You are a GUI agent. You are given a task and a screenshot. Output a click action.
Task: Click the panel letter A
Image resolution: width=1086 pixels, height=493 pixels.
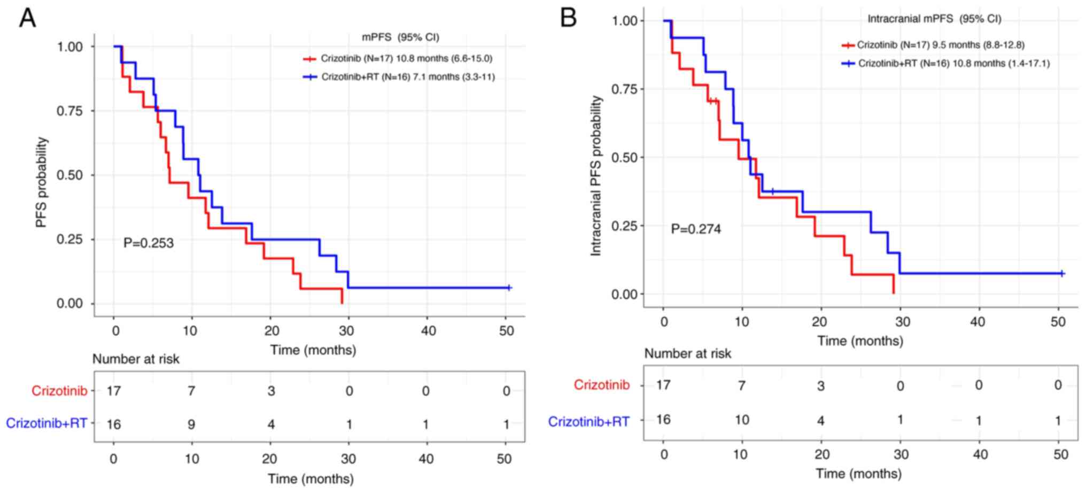coord(28,19)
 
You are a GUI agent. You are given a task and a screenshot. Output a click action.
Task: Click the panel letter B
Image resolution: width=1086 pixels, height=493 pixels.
coord(568,19)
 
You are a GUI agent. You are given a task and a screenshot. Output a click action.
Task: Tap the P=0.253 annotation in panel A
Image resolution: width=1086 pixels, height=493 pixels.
coord(149,243)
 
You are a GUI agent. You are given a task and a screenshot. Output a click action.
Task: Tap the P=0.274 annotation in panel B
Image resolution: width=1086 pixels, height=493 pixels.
coord(696,229)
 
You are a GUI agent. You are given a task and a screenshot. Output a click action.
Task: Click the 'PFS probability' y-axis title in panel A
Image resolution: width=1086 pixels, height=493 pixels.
coord(42,182)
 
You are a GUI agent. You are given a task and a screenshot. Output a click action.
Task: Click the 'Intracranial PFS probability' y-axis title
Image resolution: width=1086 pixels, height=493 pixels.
coord(596,175)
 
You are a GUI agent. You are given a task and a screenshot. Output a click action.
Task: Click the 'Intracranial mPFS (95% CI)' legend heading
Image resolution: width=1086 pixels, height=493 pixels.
coord(934,19)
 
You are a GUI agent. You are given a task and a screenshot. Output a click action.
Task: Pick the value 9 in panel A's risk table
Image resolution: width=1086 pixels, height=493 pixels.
coord(191,424)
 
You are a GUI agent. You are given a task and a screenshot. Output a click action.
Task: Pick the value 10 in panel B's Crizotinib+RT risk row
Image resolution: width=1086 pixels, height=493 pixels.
coord(741,420)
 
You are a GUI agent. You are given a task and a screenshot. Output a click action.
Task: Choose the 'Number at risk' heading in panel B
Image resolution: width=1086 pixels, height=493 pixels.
coord(687,353)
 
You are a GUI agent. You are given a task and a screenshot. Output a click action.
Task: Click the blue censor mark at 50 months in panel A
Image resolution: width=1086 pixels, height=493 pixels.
coord(509,288)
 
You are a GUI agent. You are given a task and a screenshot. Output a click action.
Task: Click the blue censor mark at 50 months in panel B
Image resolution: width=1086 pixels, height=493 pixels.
coord(1062,274)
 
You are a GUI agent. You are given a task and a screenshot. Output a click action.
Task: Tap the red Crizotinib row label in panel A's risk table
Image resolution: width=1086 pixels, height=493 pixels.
coord(59,391)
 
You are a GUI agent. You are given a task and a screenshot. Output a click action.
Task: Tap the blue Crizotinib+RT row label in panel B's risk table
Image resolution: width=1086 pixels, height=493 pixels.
coord(589,422)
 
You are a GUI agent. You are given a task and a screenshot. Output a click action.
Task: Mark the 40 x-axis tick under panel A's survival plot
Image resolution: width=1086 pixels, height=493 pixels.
coord(428,331)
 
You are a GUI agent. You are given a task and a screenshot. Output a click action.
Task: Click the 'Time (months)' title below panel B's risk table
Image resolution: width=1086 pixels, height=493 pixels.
coord(858,473)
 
